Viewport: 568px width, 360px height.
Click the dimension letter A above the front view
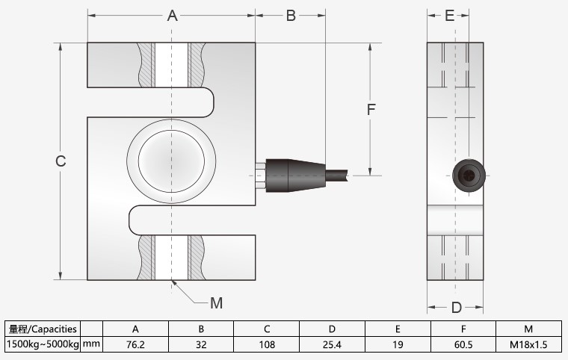[x=171, y=16]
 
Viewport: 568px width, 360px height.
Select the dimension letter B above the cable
[x=291, y=16]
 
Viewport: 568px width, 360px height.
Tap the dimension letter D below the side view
[x=456, y=307]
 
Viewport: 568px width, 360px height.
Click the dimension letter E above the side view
[x=449, y=16]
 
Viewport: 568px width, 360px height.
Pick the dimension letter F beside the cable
[x=370, y=109]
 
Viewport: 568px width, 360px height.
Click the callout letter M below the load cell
[x=216, y=302]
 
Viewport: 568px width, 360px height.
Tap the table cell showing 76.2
[x=135, y=344]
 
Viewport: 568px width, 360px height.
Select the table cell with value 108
[x=268, y=344]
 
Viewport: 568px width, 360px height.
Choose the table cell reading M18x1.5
[x=528, y=344]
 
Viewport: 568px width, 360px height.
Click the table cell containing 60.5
[x=463, y=344]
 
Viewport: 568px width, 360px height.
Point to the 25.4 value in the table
[x=333, y=344]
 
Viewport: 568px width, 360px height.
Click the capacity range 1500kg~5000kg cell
[x=43, y=344]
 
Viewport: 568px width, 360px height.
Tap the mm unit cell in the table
[x=90, y=344]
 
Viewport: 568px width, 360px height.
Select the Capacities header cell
[x=43, y=329]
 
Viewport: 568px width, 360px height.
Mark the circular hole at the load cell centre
[x=171, y=161]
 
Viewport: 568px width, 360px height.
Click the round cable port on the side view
[x=469, y=176]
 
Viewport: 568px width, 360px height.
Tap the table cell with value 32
[x=201, y=344]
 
